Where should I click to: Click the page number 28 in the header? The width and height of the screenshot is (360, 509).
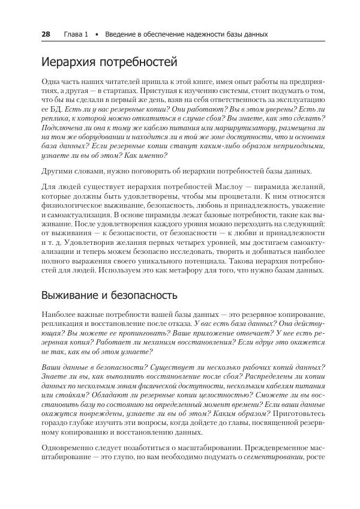pos(46,34)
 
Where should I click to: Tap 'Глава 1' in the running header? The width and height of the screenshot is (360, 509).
pos(76,34)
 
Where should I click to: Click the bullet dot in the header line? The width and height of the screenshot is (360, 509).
pos(96,35)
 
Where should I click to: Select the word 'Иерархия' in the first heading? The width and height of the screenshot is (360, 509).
pos(68,62)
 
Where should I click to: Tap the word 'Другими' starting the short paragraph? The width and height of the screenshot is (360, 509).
pos(58,171)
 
